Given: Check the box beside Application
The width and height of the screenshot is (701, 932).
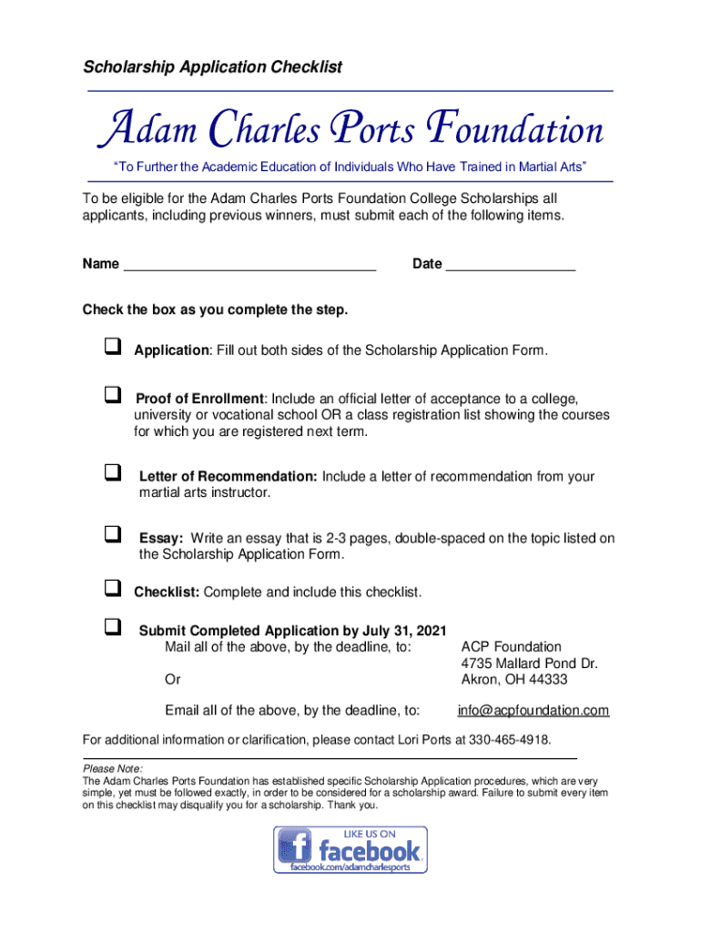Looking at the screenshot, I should point(113,347).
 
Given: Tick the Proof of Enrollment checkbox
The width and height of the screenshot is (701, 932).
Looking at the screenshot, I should point(113,395).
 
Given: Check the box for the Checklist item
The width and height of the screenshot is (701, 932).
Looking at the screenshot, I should point(113,588).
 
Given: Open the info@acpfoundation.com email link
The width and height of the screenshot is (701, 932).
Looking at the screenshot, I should point(533,710).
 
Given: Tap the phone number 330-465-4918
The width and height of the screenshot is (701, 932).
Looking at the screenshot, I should point(510,738).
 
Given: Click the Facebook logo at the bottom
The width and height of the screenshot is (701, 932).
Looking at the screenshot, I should point(350,849).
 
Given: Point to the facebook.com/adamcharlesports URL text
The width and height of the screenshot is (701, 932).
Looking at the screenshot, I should point(351,867).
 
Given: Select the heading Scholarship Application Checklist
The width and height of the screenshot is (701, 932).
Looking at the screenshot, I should point(213,67).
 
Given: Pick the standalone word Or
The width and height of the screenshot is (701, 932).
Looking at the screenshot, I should point(172,679).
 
